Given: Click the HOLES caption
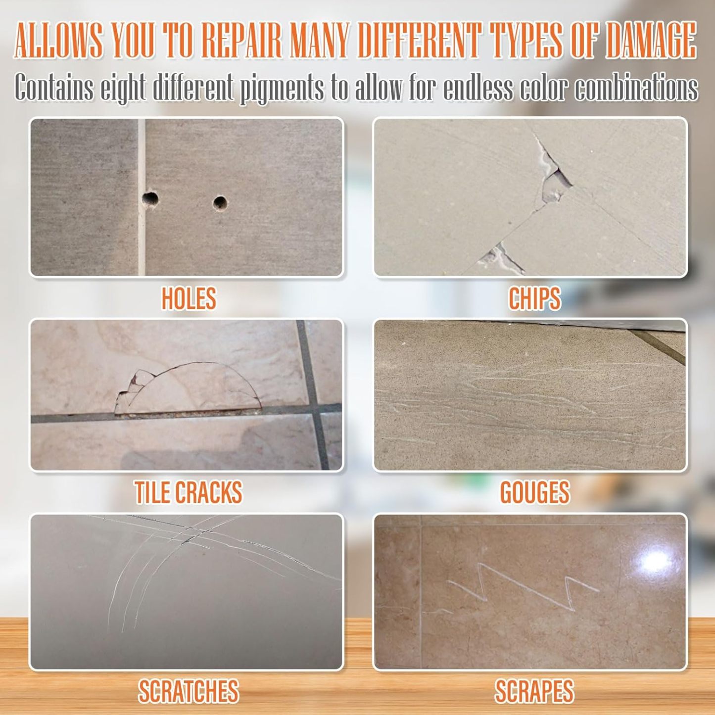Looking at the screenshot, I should (x=189, y=298).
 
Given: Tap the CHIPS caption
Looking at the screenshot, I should (x=534, y=298).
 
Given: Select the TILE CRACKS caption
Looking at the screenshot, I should (x=189, y=492).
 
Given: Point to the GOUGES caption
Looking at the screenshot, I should (x=534, y=492).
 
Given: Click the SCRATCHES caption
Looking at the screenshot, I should (x=189, y=691).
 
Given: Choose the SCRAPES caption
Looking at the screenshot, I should (x=534, y=691).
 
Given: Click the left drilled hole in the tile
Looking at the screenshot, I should (x=150, y=199).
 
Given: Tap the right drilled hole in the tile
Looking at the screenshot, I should (x=220, y=203).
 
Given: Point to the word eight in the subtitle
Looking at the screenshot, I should (x=123, y=88).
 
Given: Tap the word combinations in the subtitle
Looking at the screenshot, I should (x=636, y=88).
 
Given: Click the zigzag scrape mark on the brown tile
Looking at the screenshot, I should (x=520, y=586).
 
